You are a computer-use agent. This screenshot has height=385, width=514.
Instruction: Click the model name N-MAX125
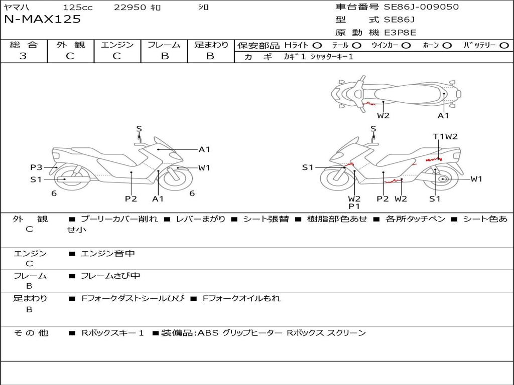(42, 20)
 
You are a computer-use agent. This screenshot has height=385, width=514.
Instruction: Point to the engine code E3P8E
(400, 33)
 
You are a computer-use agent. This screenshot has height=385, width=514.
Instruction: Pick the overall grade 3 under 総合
(23, 56)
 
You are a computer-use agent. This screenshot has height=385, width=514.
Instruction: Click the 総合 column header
(24, 45)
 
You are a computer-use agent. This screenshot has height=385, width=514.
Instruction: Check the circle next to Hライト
(317, 46)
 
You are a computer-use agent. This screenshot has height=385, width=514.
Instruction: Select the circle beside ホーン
(447, 46)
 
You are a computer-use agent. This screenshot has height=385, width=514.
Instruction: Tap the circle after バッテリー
(504, 46)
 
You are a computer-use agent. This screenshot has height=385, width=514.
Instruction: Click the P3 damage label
(36, 167)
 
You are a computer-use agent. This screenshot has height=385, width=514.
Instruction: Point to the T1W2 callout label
(445, 136)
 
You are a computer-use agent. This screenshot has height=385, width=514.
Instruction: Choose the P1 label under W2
(354, 206)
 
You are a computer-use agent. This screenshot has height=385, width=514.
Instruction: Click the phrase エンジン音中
(108, 254)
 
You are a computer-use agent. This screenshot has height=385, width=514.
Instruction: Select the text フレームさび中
(110, 276)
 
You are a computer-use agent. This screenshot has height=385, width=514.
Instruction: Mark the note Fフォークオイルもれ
(241, 298)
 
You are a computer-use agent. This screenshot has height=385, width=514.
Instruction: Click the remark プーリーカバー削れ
(119, 219)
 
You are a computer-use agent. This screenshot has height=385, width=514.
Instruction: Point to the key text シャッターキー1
(332, 57)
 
